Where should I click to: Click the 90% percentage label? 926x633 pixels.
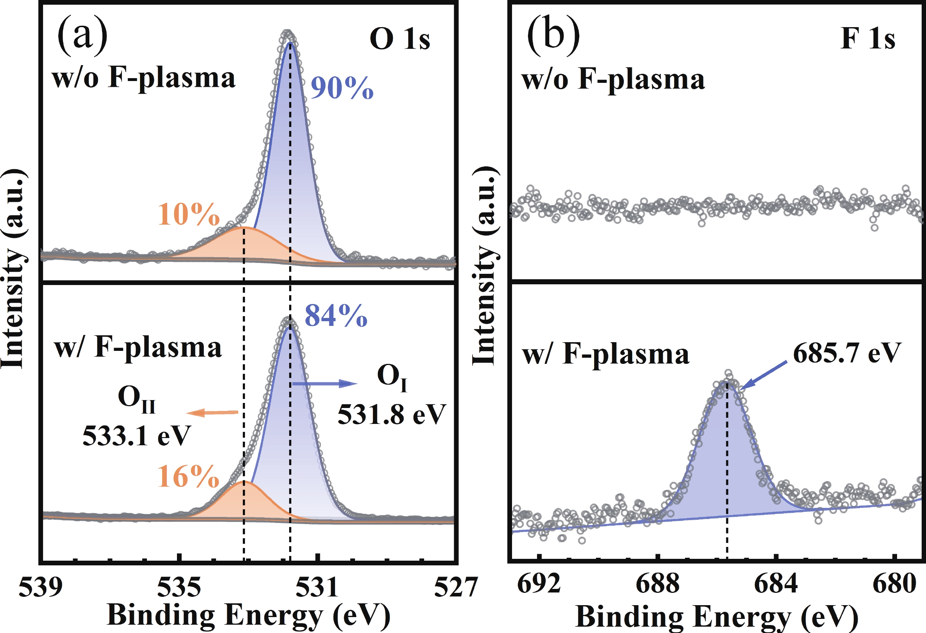(x=342, y=88)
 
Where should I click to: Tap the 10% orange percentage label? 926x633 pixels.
(x=189, y=215)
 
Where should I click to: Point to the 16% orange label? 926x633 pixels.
(x=189, y=476)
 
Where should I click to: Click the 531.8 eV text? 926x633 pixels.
(x=391, y=415)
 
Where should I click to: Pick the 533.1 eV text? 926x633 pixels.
(x=137, y=436)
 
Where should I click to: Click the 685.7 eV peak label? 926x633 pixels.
(x=847, y=353)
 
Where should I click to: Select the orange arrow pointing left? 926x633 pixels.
(x=212, y=413)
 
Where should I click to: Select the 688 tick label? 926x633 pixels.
(x=657, y=584)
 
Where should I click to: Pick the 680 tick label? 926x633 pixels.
(x=894, y=584)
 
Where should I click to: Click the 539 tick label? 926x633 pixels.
(x=41, y=587)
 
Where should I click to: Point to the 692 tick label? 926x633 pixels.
(x=539, y=584)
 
